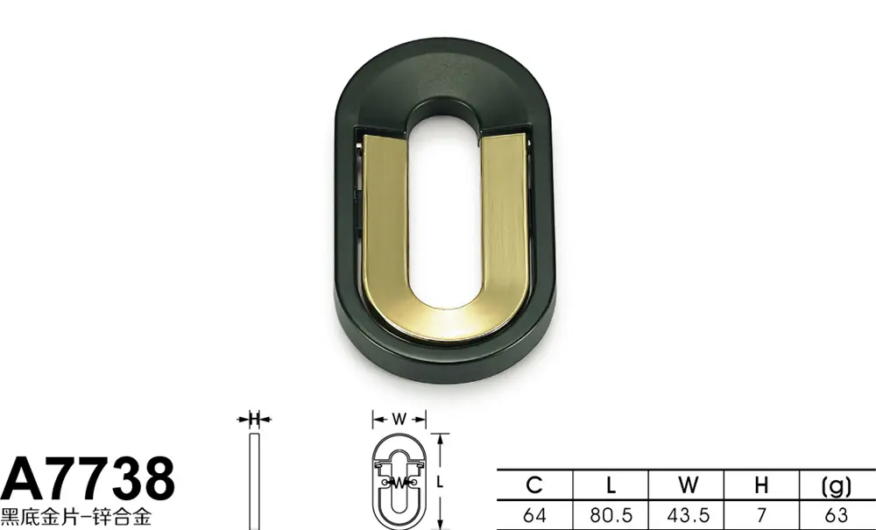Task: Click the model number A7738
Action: [x=88, y=479]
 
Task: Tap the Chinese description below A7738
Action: [x=75, y=516]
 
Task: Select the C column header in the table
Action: [x=534, y=484]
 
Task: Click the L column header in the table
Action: [x=611, y=484]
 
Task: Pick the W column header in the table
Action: [x=689, y=484]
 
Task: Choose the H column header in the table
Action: [x=761, y=484]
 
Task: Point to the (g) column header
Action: [x=837, y=486]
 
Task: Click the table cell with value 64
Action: [x=534, y=514]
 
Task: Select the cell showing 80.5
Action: [x=611, y=514]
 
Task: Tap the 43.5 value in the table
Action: [x=689, y=514]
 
